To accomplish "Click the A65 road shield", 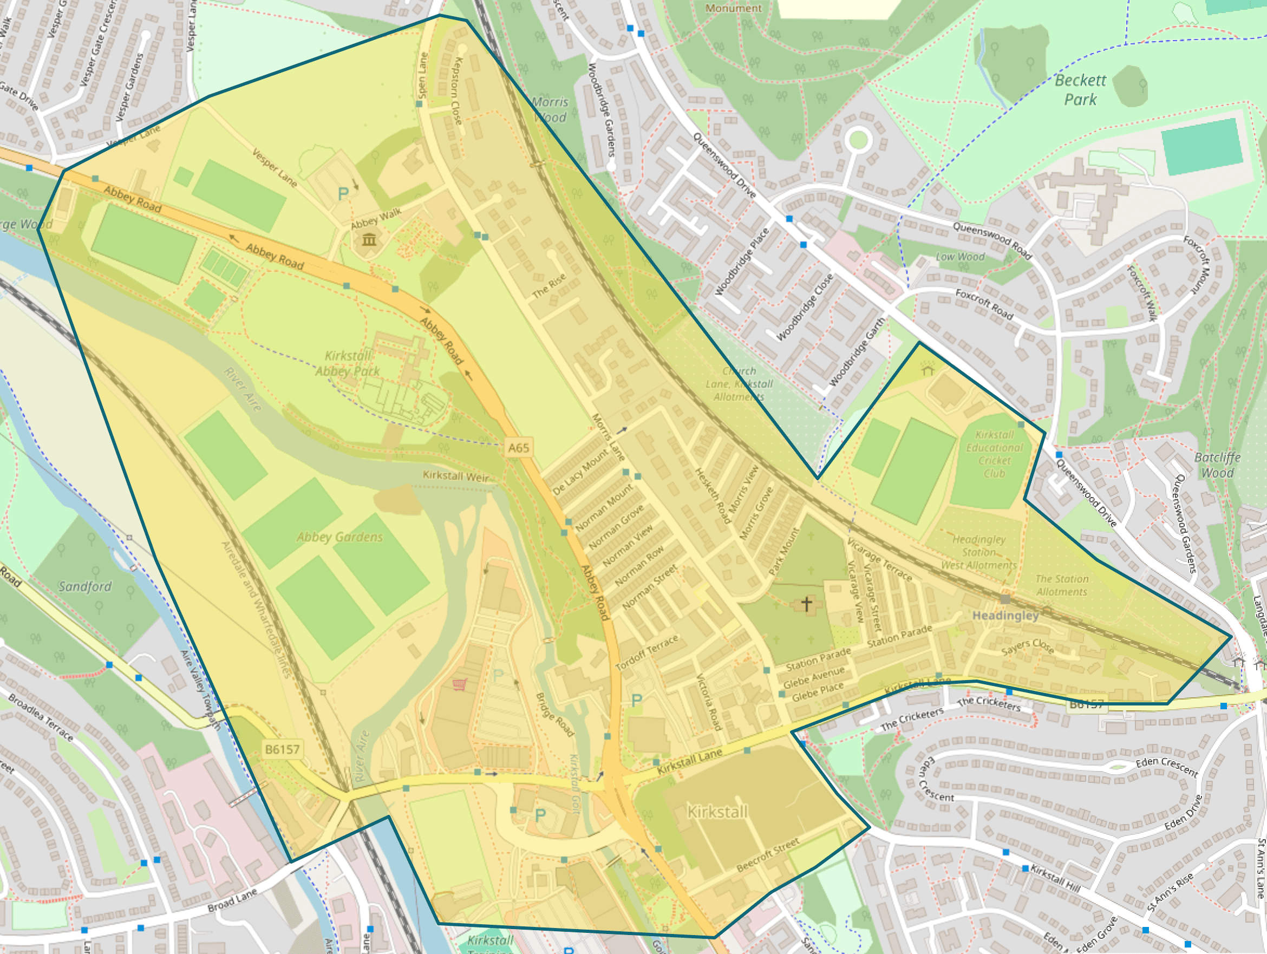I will coord(518,448).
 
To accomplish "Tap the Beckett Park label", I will coord(1080,90).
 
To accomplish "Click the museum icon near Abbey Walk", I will coord(369,239).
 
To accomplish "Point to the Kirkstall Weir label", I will coord(456,476).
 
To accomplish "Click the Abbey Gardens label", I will coord(339,537).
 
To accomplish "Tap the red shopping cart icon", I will coord(459,684).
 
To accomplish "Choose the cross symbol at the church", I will coord(806,604).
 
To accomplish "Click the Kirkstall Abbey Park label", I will coord(347,364).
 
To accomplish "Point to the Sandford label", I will coord(85,586).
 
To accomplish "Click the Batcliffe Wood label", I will coord(1217,465).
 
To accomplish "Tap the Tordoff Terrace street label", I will coord(646,653).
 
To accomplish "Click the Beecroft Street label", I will coord(768,855).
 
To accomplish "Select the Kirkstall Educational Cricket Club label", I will coord(994,454).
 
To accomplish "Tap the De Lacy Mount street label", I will coord(581,472).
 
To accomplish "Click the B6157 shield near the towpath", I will coord(282,749).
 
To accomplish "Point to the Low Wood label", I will coord(960,257).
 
